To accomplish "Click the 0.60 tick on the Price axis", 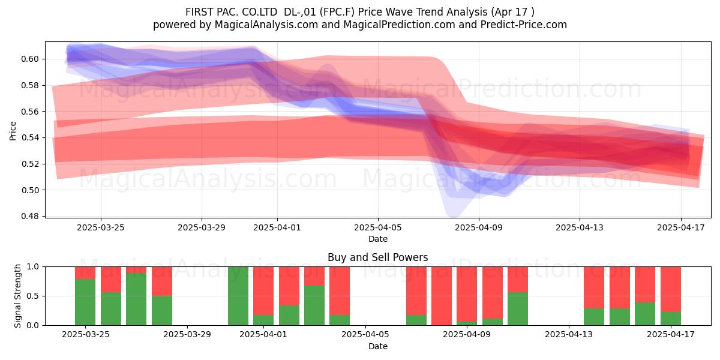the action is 29,59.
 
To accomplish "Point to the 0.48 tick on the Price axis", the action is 29,216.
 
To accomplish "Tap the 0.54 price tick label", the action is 29,137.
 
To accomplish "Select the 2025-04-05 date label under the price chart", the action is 378,227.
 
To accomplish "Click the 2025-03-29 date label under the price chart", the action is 202,227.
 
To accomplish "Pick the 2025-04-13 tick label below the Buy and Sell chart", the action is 569,334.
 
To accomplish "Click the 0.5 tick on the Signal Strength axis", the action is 33,296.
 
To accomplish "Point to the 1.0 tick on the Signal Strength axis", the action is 33,266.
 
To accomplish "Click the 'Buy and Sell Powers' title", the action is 377,257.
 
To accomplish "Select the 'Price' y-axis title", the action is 13,131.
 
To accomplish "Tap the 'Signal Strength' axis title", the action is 17,296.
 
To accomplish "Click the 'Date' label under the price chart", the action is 378,239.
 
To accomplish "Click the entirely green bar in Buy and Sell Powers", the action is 238,296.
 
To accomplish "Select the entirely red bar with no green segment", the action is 442,296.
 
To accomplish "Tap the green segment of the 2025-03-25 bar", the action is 85,302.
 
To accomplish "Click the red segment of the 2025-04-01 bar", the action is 263,290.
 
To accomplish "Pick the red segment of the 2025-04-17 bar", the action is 671,289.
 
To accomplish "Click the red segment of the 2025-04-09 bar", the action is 467,294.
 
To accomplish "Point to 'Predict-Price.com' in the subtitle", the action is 524,25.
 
